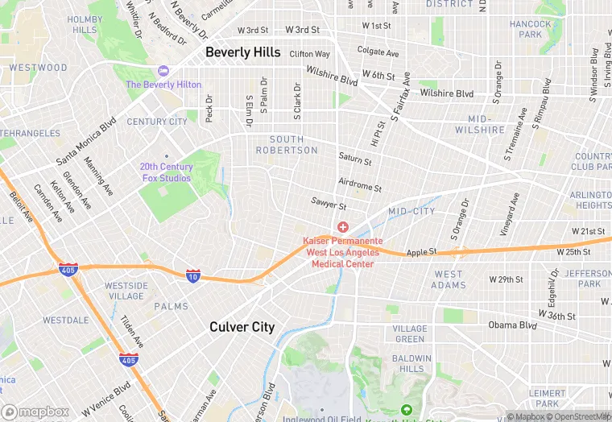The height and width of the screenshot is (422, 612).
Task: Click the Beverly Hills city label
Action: (x=242, y=52)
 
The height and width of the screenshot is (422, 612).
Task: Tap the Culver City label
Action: (x=242, y=327)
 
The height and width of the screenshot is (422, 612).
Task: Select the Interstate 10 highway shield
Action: (x=193, y=275)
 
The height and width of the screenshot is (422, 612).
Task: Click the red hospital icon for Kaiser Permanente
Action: (x=343, y=228)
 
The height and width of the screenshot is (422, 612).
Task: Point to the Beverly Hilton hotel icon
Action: (x=164, y=72)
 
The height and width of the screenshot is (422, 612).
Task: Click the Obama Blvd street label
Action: (x=512, y=325)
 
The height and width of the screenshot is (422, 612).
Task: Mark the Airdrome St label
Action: (x=359, y=186)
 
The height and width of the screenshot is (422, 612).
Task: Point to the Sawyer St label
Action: (x=329, y=205)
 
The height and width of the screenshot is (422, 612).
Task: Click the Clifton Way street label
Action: (x=310, y=54)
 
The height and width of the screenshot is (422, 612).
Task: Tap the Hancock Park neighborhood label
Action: (x=531, y=30)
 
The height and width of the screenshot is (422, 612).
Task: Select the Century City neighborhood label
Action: (x=157, y=122)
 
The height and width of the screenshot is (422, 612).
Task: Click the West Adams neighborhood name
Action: (x=449, y=279)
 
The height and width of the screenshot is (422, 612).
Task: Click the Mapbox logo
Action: (x=35, y=412)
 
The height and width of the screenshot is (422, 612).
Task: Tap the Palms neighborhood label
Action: (x=171, y=306)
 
